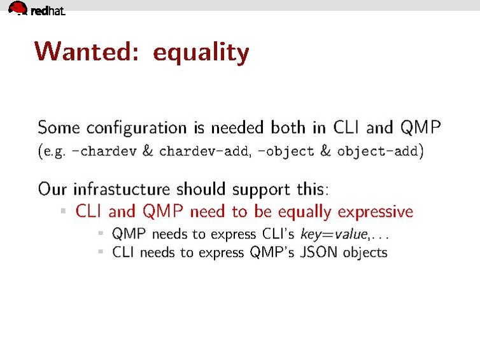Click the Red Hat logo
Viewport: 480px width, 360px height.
(36, 9)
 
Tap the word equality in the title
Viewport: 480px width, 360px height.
(201, 53)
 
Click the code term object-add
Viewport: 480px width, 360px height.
(378, 152)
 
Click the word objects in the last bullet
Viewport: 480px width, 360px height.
(365, 253)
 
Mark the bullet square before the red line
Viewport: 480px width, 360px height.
(64, 211)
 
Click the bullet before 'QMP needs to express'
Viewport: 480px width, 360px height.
(101, 233)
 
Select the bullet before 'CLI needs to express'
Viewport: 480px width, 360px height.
(101, 252)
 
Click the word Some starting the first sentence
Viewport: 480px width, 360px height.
(59, 127)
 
